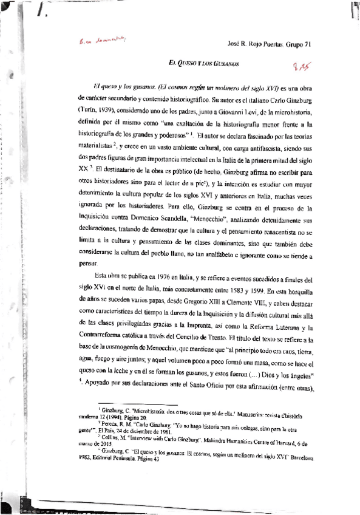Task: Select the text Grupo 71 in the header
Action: (x=301, y=44)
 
